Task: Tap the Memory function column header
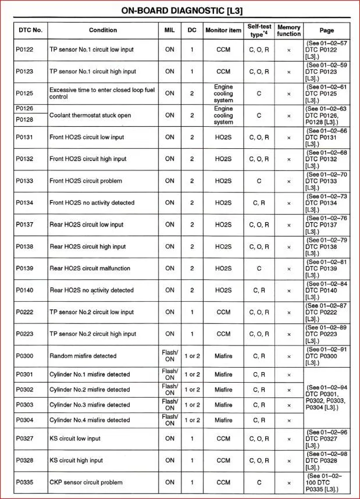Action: point(289,30)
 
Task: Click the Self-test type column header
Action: point(259,30)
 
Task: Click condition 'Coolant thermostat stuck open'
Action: point(90,115)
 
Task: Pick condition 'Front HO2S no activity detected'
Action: point(92,203)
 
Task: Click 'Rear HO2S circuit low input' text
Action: point(87,224)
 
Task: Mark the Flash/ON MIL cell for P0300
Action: point(170,356)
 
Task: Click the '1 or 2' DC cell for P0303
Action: point(192,405)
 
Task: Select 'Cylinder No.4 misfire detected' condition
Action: point(90,420)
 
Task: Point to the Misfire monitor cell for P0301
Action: point(223,375)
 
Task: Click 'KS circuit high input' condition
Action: point(76,461)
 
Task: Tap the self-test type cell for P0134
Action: point(259,203)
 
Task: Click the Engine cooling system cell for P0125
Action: point(223,93)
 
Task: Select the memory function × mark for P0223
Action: point(289,334)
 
